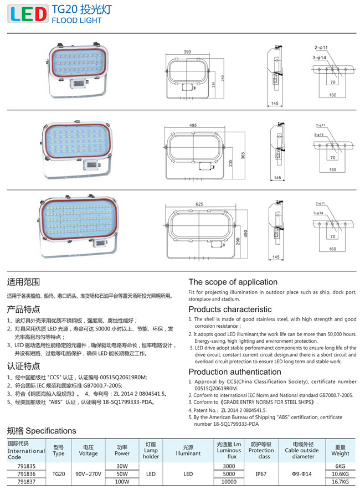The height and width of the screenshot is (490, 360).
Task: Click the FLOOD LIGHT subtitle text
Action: point(76,20)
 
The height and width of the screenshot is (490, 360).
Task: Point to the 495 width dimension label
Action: point(193,125)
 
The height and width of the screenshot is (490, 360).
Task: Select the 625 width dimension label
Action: point(199,204)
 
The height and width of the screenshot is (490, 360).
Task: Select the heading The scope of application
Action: point(233,282)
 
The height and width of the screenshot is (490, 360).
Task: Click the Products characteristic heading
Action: point(230,309)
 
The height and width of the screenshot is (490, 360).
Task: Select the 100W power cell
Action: point(122,482)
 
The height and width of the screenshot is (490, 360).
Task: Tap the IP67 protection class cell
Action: point(261,474)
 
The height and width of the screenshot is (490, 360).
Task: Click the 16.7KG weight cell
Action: point(341,482)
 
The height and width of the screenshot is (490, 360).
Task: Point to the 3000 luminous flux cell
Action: point(229,466)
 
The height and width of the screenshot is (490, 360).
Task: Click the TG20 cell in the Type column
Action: point(59,474)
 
